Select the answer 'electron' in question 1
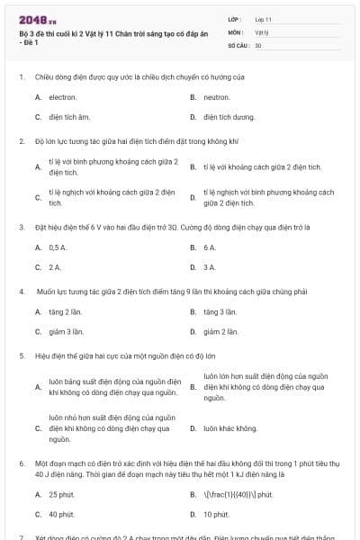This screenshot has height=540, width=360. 62,96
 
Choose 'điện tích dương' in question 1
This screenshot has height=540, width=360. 224,116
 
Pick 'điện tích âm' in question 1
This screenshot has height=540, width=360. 69,116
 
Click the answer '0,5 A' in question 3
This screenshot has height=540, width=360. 58,247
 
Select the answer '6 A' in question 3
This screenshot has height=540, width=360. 210,247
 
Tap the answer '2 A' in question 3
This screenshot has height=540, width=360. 55,266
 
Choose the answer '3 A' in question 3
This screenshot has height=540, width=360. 210,266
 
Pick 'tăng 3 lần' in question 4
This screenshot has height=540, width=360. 220,311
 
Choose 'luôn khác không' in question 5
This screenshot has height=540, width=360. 230,427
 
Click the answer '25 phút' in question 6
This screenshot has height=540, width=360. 61,494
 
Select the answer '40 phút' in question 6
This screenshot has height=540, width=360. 61,514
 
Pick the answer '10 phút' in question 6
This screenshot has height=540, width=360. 216,514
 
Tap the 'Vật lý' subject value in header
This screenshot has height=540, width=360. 262,31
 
